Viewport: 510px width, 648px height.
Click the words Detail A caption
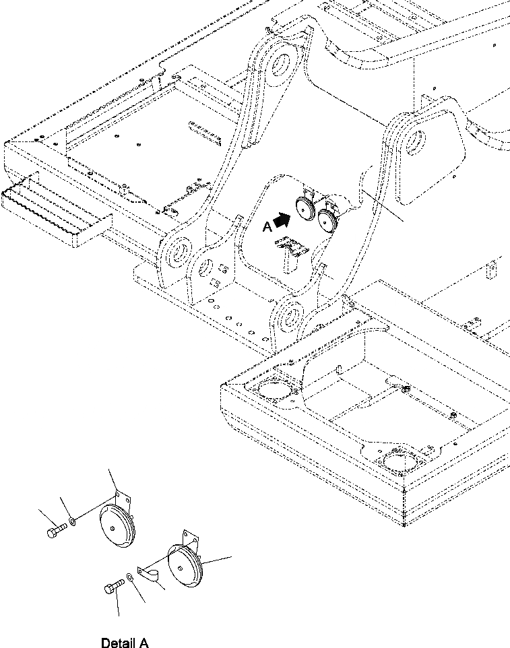(125, 643)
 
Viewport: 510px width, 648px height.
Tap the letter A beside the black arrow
(267, 228)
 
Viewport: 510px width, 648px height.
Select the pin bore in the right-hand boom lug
(415, 143)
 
